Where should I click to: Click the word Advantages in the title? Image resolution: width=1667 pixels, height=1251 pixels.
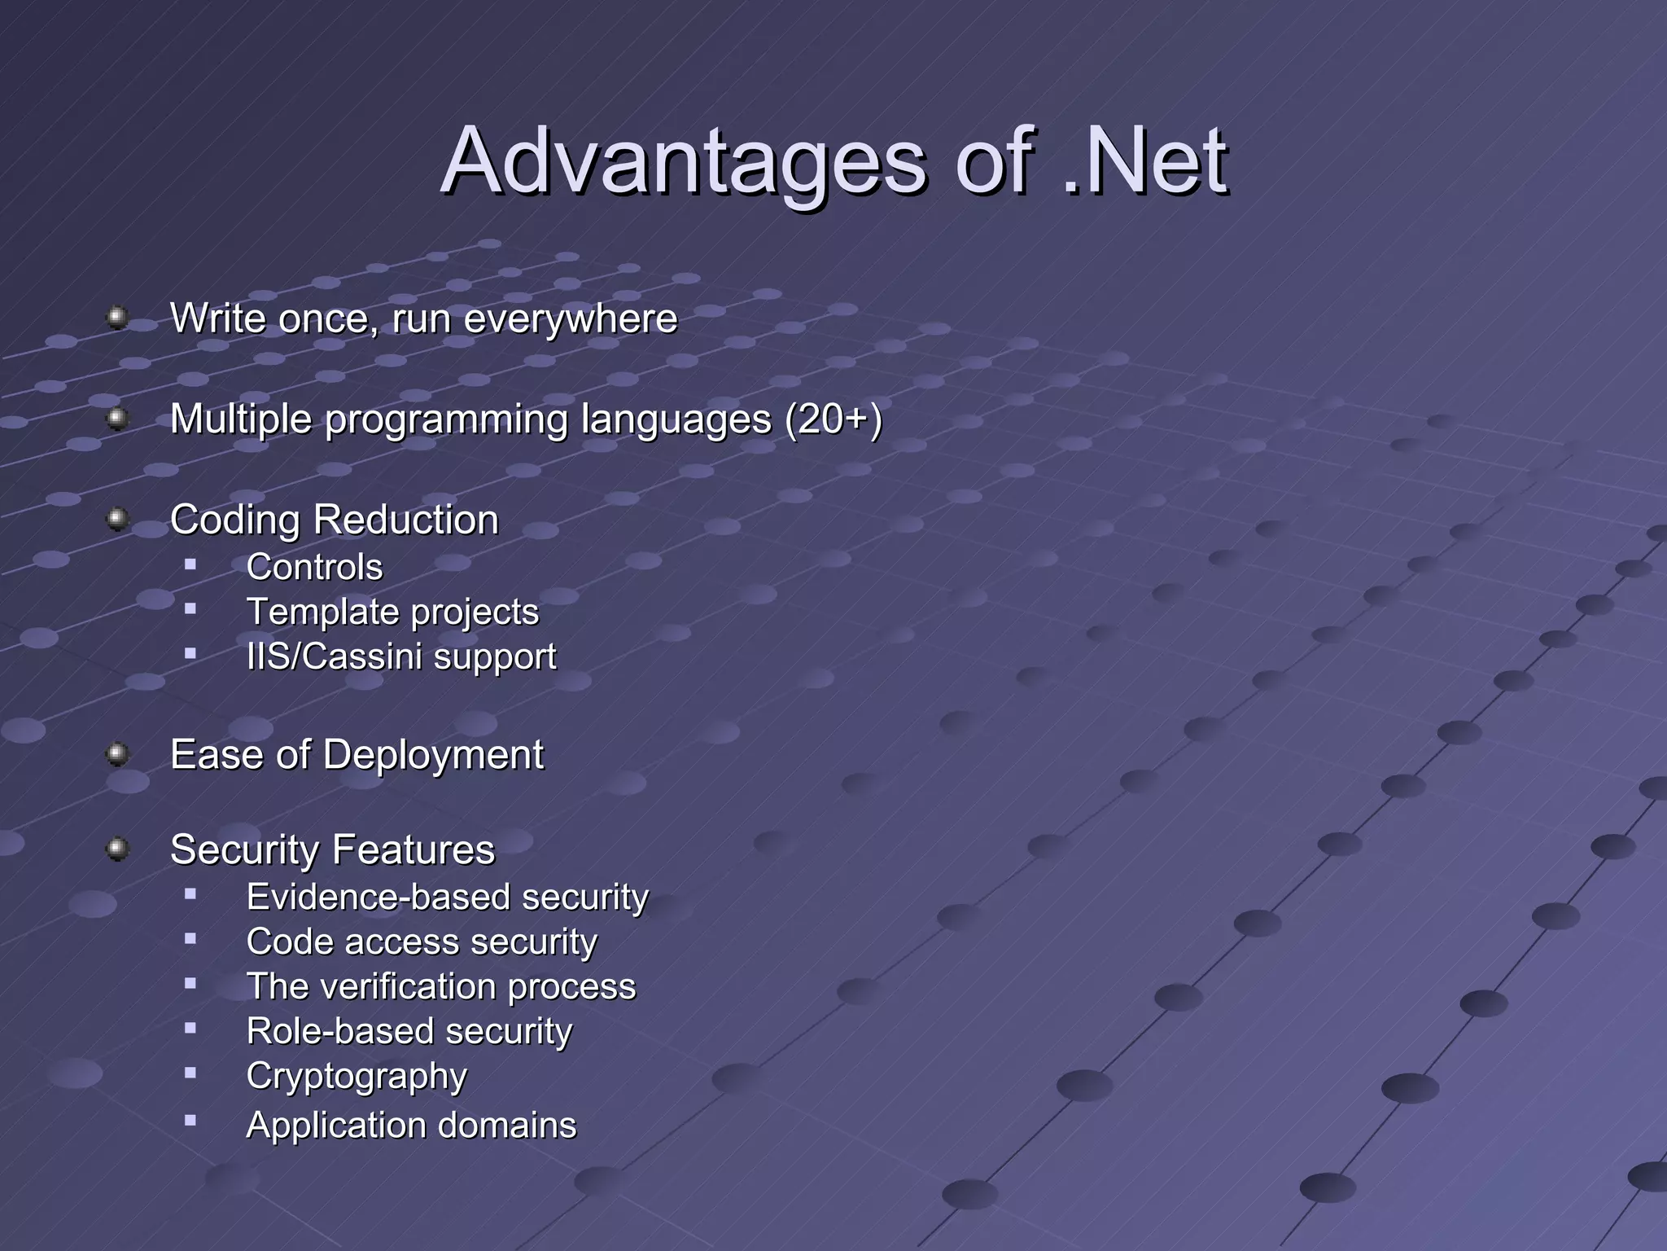click(682, 163)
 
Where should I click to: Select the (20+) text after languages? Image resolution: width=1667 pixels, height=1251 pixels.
click(833, 420)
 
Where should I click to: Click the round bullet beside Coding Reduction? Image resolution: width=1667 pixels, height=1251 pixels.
click(118, 519)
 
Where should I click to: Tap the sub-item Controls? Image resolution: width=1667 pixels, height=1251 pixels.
click(314, 567)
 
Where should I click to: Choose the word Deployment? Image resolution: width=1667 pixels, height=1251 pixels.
click(433, 755)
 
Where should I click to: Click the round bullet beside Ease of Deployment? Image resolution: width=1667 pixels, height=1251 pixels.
click(118, 754)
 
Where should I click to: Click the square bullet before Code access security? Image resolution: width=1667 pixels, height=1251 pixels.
click(190, 939)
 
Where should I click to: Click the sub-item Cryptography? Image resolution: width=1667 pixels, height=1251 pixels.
click(357, 1077)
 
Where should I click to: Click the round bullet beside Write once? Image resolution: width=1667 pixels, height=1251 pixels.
click(118, 317)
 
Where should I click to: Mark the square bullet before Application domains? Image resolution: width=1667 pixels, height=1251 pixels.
click(190, 1121)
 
